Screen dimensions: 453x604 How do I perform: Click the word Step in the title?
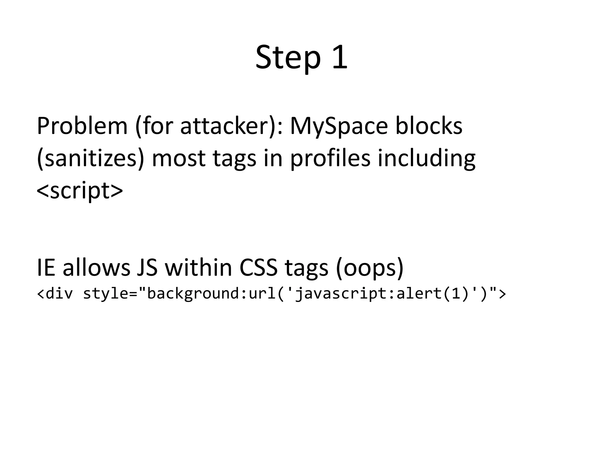288,58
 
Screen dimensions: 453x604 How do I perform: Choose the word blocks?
429,126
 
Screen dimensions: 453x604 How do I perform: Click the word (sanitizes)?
91,158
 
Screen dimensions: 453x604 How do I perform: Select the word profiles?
330,158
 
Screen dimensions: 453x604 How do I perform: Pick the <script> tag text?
80,191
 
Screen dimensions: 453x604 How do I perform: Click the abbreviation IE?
46,267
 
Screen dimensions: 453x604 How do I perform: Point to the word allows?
96,267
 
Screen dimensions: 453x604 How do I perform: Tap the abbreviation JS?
147,267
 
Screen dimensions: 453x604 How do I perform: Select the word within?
198,267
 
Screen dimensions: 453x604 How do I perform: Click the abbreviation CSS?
258,267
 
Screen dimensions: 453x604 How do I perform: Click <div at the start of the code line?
55,294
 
